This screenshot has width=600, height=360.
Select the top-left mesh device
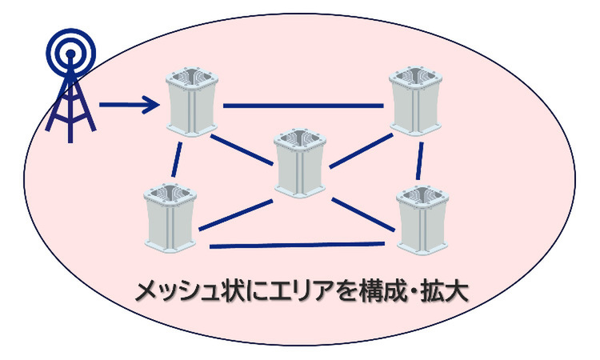point(192,102)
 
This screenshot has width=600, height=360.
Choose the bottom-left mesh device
point(172,215)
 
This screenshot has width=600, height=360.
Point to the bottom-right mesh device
point(421,218)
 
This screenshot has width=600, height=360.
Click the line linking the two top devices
point(304,106)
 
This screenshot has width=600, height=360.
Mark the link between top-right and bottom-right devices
point(419,161)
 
